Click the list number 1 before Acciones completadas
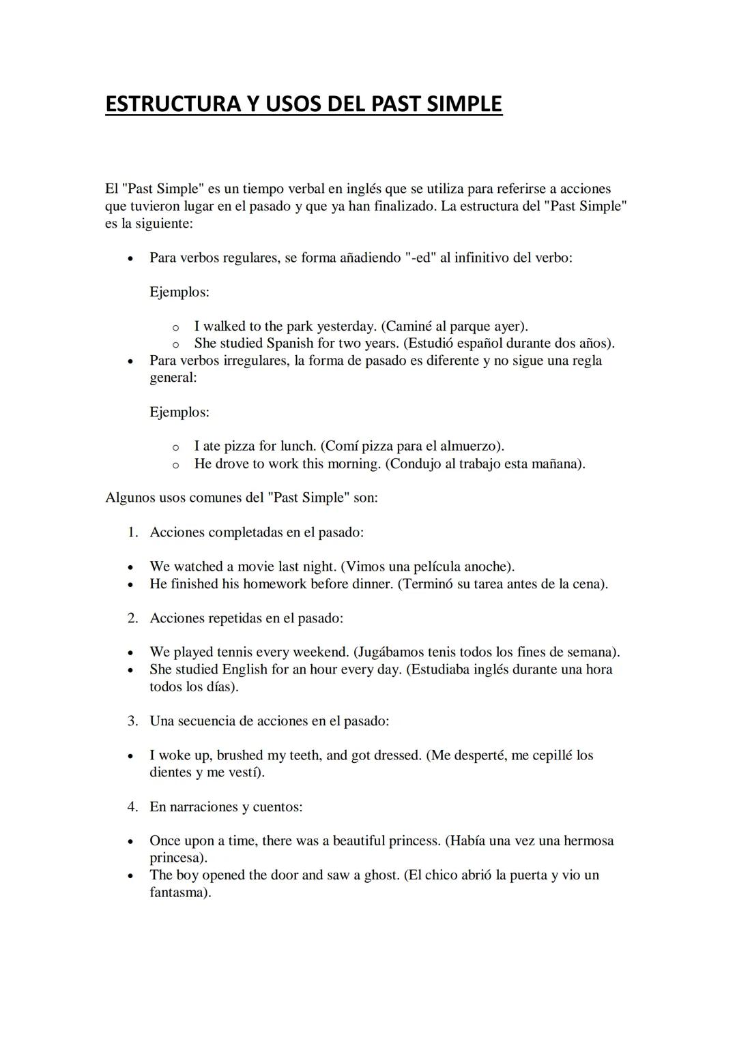(132, 532)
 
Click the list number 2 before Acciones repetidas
(132, 618)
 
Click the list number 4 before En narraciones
(132, 807)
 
